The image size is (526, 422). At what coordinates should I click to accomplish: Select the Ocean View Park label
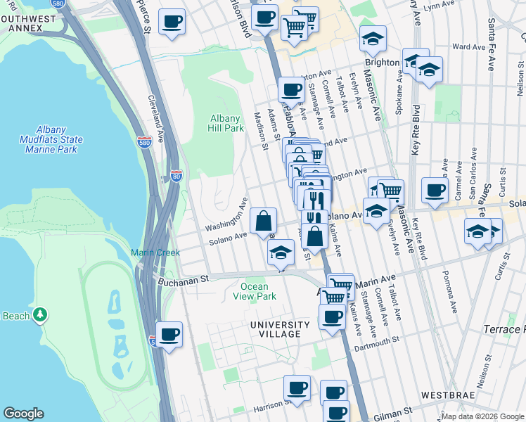pyautogui.click(x=254, y=291)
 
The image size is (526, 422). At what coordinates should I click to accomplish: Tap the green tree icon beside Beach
pyautogui.click(x=41, y=314)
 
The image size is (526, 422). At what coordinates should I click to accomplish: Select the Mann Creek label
pyautogui.click(x=149, y=252)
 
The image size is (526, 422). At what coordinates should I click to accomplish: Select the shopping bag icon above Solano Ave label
pyautogui.click(x=262, y=220)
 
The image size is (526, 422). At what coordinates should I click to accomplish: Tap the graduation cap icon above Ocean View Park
pyautogui.click(x=281, y=252)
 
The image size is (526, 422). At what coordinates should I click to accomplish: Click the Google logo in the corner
pyautogui.click(x=23, y=414)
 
